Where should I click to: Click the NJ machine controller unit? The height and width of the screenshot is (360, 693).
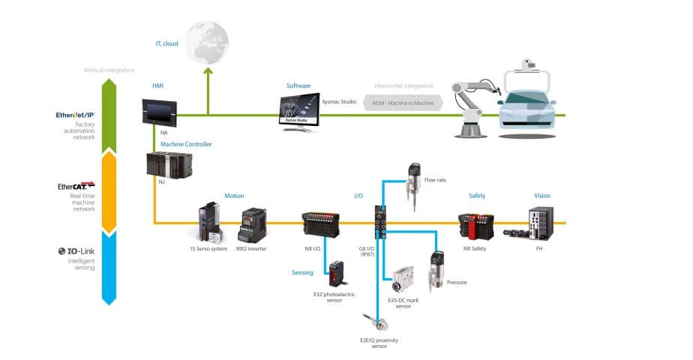click(169, 164)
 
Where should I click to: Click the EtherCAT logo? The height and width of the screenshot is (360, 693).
click(76, 186)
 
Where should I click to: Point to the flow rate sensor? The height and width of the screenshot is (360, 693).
click(413, 181)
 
